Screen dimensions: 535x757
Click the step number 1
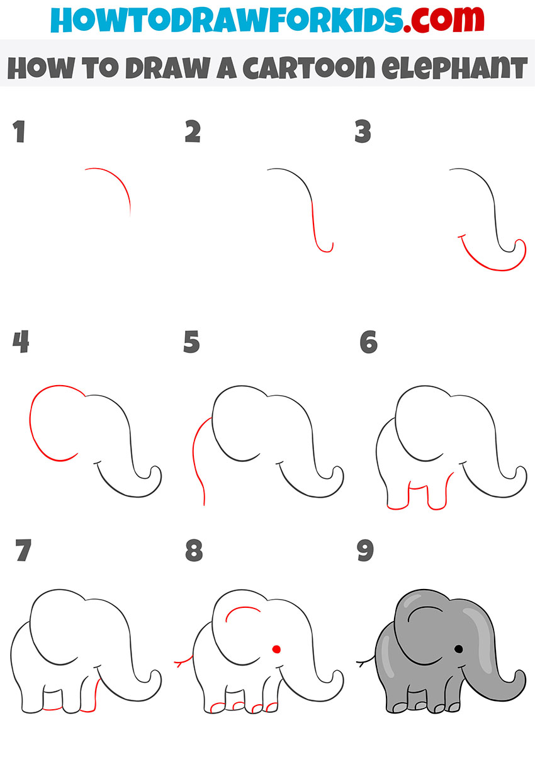coord(20,132)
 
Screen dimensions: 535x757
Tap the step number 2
coord(193,131)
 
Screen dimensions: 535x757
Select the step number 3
coord(363,131)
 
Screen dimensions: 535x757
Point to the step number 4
coord(21,342)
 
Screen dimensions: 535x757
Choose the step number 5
coord(191,342)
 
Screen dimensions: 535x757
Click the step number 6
coord(368,342)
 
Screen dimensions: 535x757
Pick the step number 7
coord(23,550)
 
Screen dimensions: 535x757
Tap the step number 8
coord(194,550)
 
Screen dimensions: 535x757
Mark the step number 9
coord(365,550)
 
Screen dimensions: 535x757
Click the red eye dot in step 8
coord(276,649)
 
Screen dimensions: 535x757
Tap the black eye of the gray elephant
coord(459,649)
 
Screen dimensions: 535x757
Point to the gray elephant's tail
coord(366,661)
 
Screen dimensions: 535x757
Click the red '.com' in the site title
coord(444,19)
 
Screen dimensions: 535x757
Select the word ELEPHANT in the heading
coord(454,67)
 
